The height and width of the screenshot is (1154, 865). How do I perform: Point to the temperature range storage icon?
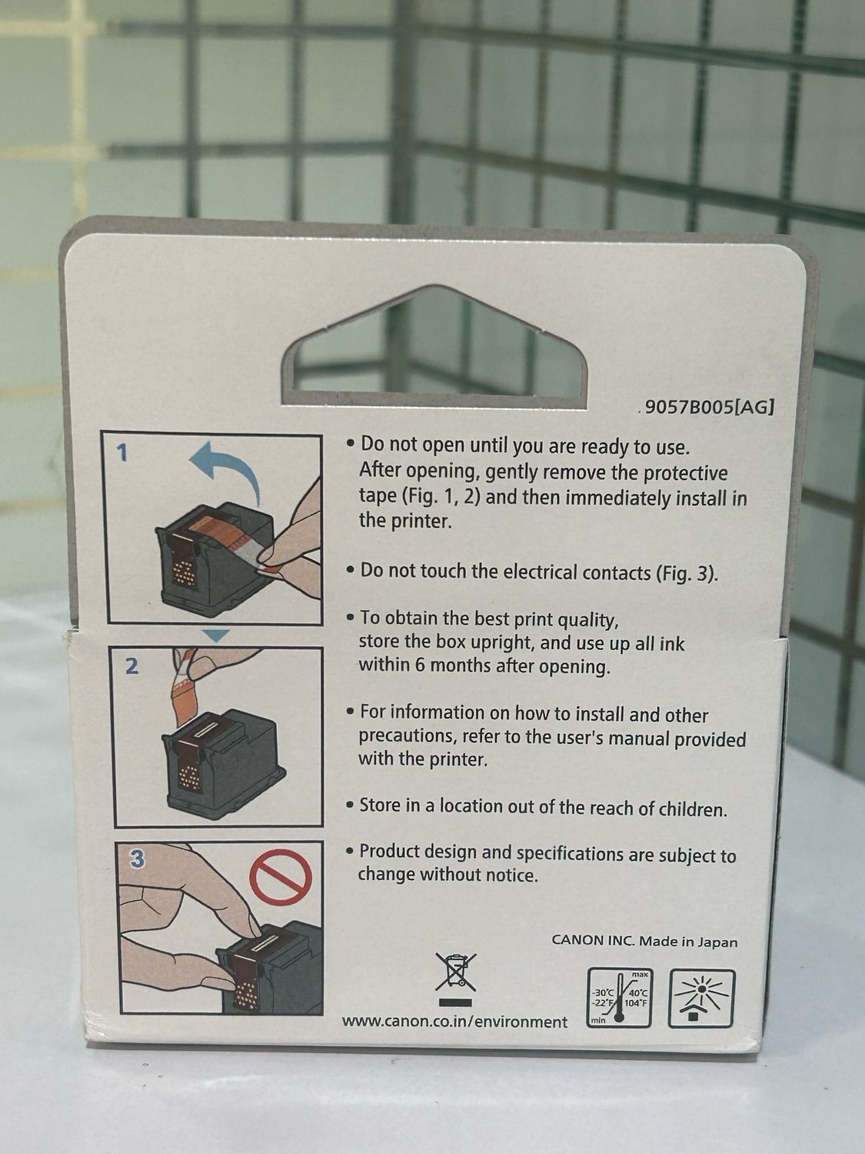coord(620,997)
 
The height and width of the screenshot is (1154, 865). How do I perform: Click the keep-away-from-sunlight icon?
coord(701,998)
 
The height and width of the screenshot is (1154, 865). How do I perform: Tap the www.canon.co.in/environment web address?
coord(455,1022)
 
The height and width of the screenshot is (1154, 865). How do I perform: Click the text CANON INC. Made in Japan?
coord(644,941)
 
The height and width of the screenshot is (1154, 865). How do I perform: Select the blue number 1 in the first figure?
coord(121,452)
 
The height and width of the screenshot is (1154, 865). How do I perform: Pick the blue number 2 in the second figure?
coord(131,667)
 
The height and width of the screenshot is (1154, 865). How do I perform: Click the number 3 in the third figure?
coord(137,859)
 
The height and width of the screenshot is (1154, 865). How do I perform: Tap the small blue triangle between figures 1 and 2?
coord(216,635)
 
